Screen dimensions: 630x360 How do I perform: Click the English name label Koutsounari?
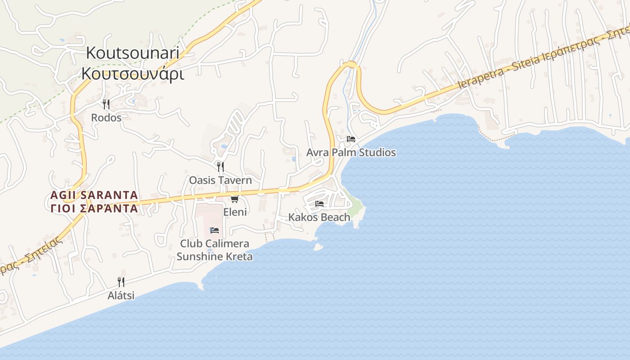coord(133,53)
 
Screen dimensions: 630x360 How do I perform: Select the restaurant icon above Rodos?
coord(106,104)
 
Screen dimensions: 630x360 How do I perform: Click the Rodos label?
coord(106,118)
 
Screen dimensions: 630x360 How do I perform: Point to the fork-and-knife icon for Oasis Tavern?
coord(220,167)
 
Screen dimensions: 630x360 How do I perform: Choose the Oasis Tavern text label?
coord(220,180)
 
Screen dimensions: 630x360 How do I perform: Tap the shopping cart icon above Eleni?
coord(234,199)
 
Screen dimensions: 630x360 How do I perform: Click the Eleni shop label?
coord(235,211)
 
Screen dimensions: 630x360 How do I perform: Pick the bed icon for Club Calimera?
coord(215,230)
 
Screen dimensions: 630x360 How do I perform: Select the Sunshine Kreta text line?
coord(214,256)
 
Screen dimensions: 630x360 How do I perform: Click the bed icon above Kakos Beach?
coord(319,204)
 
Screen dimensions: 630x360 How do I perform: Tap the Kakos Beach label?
coord(319,217)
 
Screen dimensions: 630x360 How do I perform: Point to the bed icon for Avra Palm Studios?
coord(351,139)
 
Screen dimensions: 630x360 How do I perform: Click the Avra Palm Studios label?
coord(351,153)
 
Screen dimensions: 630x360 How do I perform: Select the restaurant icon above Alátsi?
coord(121,282)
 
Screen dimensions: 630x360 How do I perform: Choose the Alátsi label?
coord(121,296)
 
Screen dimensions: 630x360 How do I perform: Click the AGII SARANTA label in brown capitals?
coord(94,195)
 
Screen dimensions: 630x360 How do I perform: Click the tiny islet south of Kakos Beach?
coord(318,247)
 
